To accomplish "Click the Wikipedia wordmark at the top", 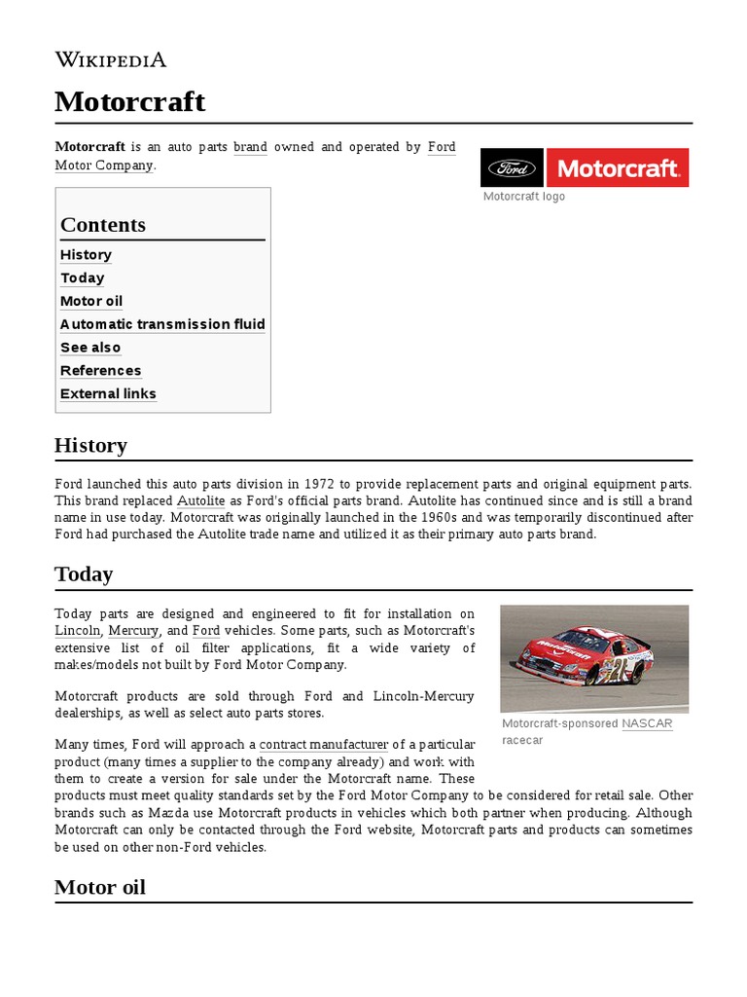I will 110,59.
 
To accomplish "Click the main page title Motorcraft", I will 129,101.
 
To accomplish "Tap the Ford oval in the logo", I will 513,168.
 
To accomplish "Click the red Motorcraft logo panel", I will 618,168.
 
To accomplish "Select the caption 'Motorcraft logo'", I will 524,197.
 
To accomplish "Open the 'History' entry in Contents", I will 86,254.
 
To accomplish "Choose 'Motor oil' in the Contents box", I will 91,301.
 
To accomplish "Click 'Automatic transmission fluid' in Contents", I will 162,324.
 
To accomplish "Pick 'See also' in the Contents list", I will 90,348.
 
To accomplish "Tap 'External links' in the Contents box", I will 108,394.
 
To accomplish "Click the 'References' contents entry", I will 100,371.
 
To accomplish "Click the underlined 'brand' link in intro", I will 250,147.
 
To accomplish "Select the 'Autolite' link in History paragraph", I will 201,500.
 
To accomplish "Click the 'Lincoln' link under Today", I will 78,631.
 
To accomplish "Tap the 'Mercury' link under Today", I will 133,631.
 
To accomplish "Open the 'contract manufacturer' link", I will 324,745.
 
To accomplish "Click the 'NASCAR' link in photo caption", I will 647,723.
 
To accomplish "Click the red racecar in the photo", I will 584,657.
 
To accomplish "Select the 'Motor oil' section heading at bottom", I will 100,887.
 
